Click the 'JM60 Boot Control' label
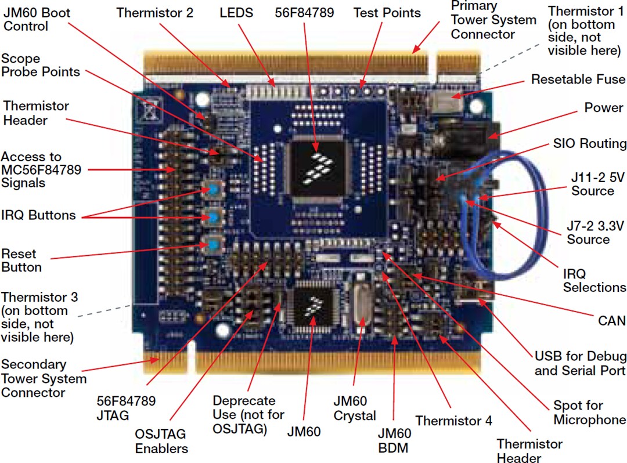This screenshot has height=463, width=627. point(33,19)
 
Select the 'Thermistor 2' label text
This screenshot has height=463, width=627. point(154,12)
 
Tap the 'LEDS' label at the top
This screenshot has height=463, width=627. point(236,12)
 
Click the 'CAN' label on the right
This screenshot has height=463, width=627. point(612,320)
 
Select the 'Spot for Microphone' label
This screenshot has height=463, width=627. point(589,413)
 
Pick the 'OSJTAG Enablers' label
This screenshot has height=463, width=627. point(161,441)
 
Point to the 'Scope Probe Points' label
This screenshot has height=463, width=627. point(40,66)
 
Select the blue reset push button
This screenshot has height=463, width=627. point(214,244)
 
